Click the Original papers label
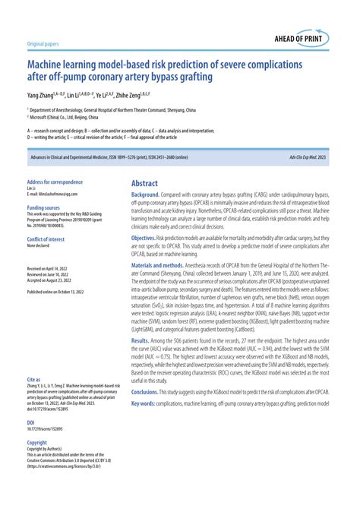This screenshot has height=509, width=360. [x=44, y=45]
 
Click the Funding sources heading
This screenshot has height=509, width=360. [x=45, y=207]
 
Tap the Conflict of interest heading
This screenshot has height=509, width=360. [x=47, y=240]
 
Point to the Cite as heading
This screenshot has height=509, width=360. [x=33, y=378]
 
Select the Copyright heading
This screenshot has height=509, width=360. [x=37, y=441]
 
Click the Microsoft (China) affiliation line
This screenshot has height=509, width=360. [x=65, y=119]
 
